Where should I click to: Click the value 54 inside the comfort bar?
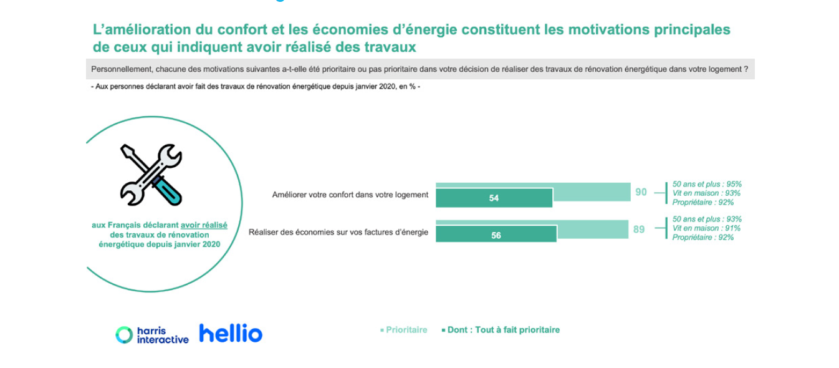click(x=494, y=198)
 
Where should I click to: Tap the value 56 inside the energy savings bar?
click(x=496, y=235)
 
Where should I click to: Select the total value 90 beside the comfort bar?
click(x=641, y=192)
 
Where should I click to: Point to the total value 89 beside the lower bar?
click(x=639, y=230)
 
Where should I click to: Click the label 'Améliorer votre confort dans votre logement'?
click(x=350, y=195)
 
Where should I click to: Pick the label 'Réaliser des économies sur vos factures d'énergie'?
click(x=338, y=233)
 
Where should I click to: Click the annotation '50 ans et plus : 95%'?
click(x=707, y=184)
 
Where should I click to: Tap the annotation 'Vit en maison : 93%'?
click(x=706, y=193)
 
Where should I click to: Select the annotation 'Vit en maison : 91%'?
click(x=706, y=228)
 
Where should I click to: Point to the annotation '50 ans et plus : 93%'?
click(x=707, y=219)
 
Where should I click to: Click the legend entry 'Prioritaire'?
click(x=403, y=330)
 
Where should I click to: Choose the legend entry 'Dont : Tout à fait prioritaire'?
click(x=501, y=330)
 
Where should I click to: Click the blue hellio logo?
click(x=231, y=333)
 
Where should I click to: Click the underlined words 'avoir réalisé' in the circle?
click(x=204, y=225)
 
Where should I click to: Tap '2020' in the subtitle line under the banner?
click(x=387, y=87)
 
